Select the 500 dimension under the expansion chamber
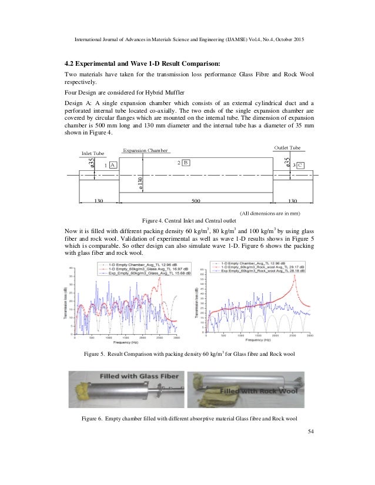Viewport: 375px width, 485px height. (x=196, y=200)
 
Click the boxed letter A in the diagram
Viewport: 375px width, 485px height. (x=113, y=166)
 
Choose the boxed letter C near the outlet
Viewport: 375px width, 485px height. (x=300, y=166)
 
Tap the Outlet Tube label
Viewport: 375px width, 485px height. (x=287, y=147)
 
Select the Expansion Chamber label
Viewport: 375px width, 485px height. (x=145, y=151)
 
